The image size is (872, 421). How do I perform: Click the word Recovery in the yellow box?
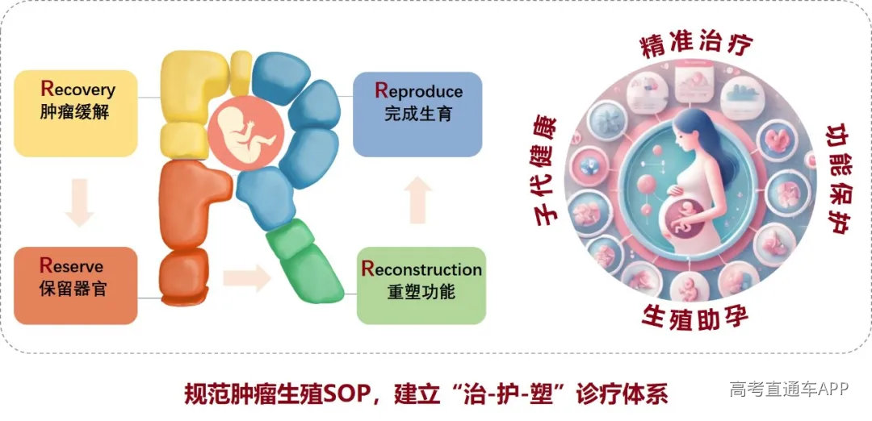tap(78, 90)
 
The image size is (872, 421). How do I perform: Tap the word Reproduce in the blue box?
tap(419, 90)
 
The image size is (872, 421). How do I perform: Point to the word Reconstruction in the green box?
tap(421, 269)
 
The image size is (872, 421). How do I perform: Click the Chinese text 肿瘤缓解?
tap(74, 113)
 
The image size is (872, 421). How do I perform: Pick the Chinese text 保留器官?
tap(73, 289)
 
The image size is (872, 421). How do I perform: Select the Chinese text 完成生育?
tap(418, 114)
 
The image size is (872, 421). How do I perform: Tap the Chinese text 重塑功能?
tap(421, 292)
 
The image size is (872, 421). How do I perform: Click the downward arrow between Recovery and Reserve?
tap(79, 202)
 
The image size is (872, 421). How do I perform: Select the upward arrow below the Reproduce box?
tap(417, 200)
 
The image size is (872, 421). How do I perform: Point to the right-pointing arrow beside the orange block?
tap(247, 277)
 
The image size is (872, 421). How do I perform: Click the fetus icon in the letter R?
tap(245, 134)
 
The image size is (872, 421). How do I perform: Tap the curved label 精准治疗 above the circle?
tap(696, 44)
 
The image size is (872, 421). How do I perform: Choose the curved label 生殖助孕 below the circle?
tap(696, 317)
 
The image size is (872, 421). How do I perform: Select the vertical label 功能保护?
tap(841, 177)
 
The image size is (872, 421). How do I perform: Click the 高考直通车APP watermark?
tap(789, 388)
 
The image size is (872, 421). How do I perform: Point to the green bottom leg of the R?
tap(304, 262)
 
